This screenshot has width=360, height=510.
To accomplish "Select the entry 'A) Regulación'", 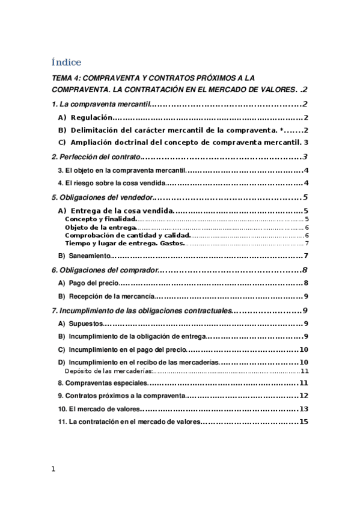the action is pyautogui.click(x=85, y=118).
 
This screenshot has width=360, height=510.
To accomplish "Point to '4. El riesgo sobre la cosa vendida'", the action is pyautogui.click(x=111, y=183).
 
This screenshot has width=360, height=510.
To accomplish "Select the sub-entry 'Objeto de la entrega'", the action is pyautogui.click(x=100, y=227).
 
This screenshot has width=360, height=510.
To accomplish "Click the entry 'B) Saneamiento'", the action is pyautogui.click(x=85, y=256).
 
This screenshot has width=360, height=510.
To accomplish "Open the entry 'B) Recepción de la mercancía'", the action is pyautogui.click(x=106, y=296).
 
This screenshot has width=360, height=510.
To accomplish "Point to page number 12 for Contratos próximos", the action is pyautogui.click(x=304, y=396).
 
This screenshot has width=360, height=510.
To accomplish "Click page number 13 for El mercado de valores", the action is pyautogui.click(x=304, y=409).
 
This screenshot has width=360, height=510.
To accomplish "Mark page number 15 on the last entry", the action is pyautogui.click(x=304, y=422).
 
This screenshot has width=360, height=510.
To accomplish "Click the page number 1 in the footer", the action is pyautogui.click(x=53, y=469).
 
